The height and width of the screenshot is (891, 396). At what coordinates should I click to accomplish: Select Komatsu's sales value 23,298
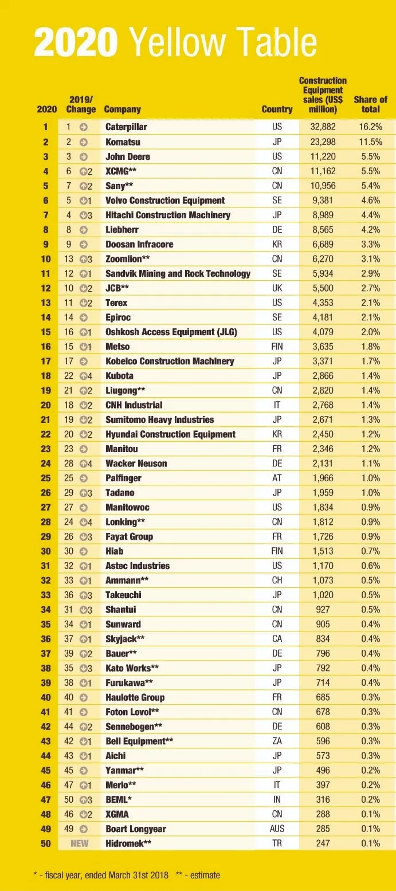click(323, 142)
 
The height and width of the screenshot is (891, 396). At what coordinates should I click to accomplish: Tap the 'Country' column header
click(277, 109)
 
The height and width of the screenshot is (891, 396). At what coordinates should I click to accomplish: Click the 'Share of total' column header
click(370, 104)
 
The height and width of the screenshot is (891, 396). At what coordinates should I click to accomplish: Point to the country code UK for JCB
click(277, 288)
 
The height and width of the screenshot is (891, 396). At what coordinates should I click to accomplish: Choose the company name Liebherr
click(123, 230)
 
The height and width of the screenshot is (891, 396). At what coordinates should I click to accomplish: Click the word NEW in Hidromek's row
click(80, 843)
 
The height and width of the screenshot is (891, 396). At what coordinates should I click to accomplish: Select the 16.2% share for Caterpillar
click(370, 127)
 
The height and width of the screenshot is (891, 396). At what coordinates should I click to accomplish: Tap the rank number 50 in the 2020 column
click(46, 843)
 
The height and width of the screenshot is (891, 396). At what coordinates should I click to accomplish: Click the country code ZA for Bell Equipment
click(277, 741)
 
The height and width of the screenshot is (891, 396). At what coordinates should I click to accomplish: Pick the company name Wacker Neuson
click(136, 464)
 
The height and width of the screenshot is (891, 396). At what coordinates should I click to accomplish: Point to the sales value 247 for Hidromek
click(323, 843)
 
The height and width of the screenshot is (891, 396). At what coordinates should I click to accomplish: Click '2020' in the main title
click(76, 42)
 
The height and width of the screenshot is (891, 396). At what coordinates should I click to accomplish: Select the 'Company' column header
click(122, 109)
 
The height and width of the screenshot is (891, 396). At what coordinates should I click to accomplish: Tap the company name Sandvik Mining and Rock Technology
click(178, 274)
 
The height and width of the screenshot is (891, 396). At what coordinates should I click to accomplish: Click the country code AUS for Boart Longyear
click(277, 829)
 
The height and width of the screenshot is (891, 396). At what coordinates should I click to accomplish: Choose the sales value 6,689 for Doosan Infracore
click(323, 244)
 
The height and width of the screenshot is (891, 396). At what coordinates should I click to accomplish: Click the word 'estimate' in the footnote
click(204, 875)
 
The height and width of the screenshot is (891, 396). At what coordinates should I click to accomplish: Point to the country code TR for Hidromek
click(277, 843)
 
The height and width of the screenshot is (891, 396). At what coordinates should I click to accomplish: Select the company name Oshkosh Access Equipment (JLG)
click(171, 332)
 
